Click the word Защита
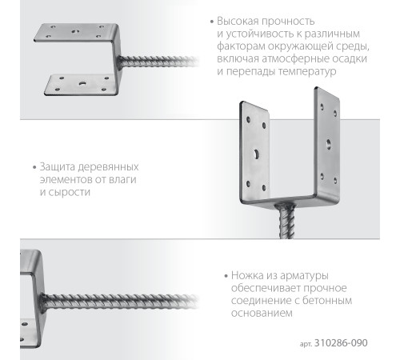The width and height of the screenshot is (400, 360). coord(56,167)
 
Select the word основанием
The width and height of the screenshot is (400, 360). coord(253,313)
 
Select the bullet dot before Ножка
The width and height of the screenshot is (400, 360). coord(218,275)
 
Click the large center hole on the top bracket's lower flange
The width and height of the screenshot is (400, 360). coord(82,83)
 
